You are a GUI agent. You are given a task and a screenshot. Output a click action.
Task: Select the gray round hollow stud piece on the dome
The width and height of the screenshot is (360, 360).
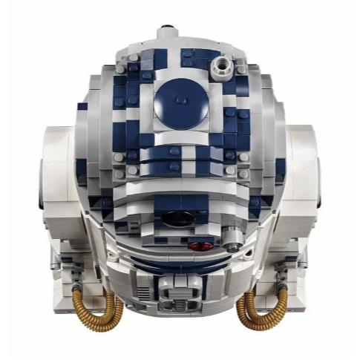[220, 68]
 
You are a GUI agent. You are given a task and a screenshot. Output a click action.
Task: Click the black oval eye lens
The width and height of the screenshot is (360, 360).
[177, 217]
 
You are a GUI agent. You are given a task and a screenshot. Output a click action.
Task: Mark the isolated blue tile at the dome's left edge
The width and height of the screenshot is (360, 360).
[82, 106]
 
